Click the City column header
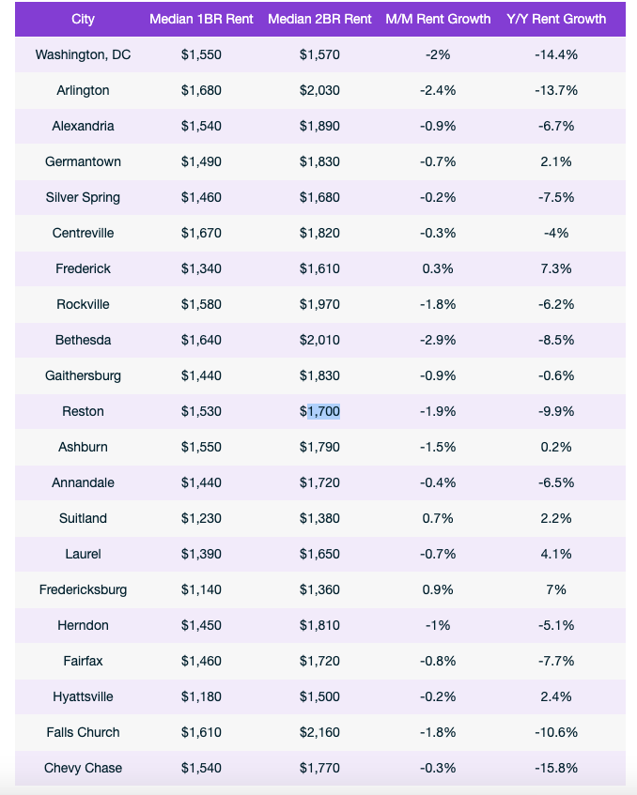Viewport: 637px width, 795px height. (x=83, y=19)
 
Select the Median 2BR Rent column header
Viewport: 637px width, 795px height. (x=319, y=19)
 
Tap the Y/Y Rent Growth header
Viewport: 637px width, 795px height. (x=556, y=19)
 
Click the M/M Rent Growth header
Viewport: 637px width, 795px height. (x=438, y=19)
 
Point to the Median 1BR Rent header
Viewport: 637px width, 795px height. (x=201, y=19)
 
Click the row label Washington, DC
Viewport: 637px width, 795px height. (x=83, y=54)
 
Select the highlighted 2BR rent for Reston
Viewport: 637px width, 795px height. (x=319, y=411)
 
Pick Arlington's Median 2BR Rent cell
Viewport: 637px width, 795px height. (x=319, y=90)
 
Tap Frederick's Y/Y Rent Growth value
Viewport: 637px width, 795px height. (x=556, y=268)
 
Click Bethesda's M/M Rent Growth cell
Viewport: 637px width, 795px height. (x=438, y=340)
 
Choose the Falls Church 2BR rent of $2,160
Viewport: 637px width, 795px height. (x=319, y=732)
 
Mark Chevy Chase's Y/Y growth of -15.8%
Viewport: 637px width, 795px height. (x=556, y=768)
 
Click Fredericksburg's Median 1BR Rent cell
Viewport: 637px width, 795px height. (x=201, y=589)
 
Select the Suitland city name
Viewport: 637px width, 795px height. (x=83, y=518)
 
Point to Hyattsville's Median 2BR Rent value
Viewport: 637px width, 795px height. (x=319, y=696)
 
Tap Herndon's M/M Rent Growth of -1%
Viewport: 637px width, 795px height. (x=438, y=625)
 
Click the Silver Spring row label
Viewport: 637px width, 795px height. (x=83, y=197)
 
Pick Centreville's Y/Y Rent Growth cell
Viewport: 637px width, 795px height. (x=556, y=233)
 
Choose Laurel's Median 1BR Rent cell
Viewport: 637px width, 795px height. (x=201, y=554)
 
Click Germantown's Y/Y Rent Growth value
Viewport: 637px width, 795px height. (x=556, y=161)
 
